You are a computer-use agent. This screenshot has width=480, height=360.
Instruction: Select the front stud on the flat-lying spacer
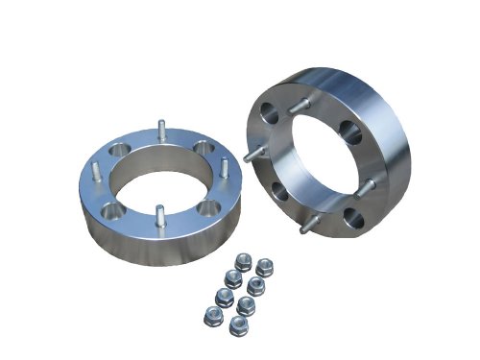coord(159,214)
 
